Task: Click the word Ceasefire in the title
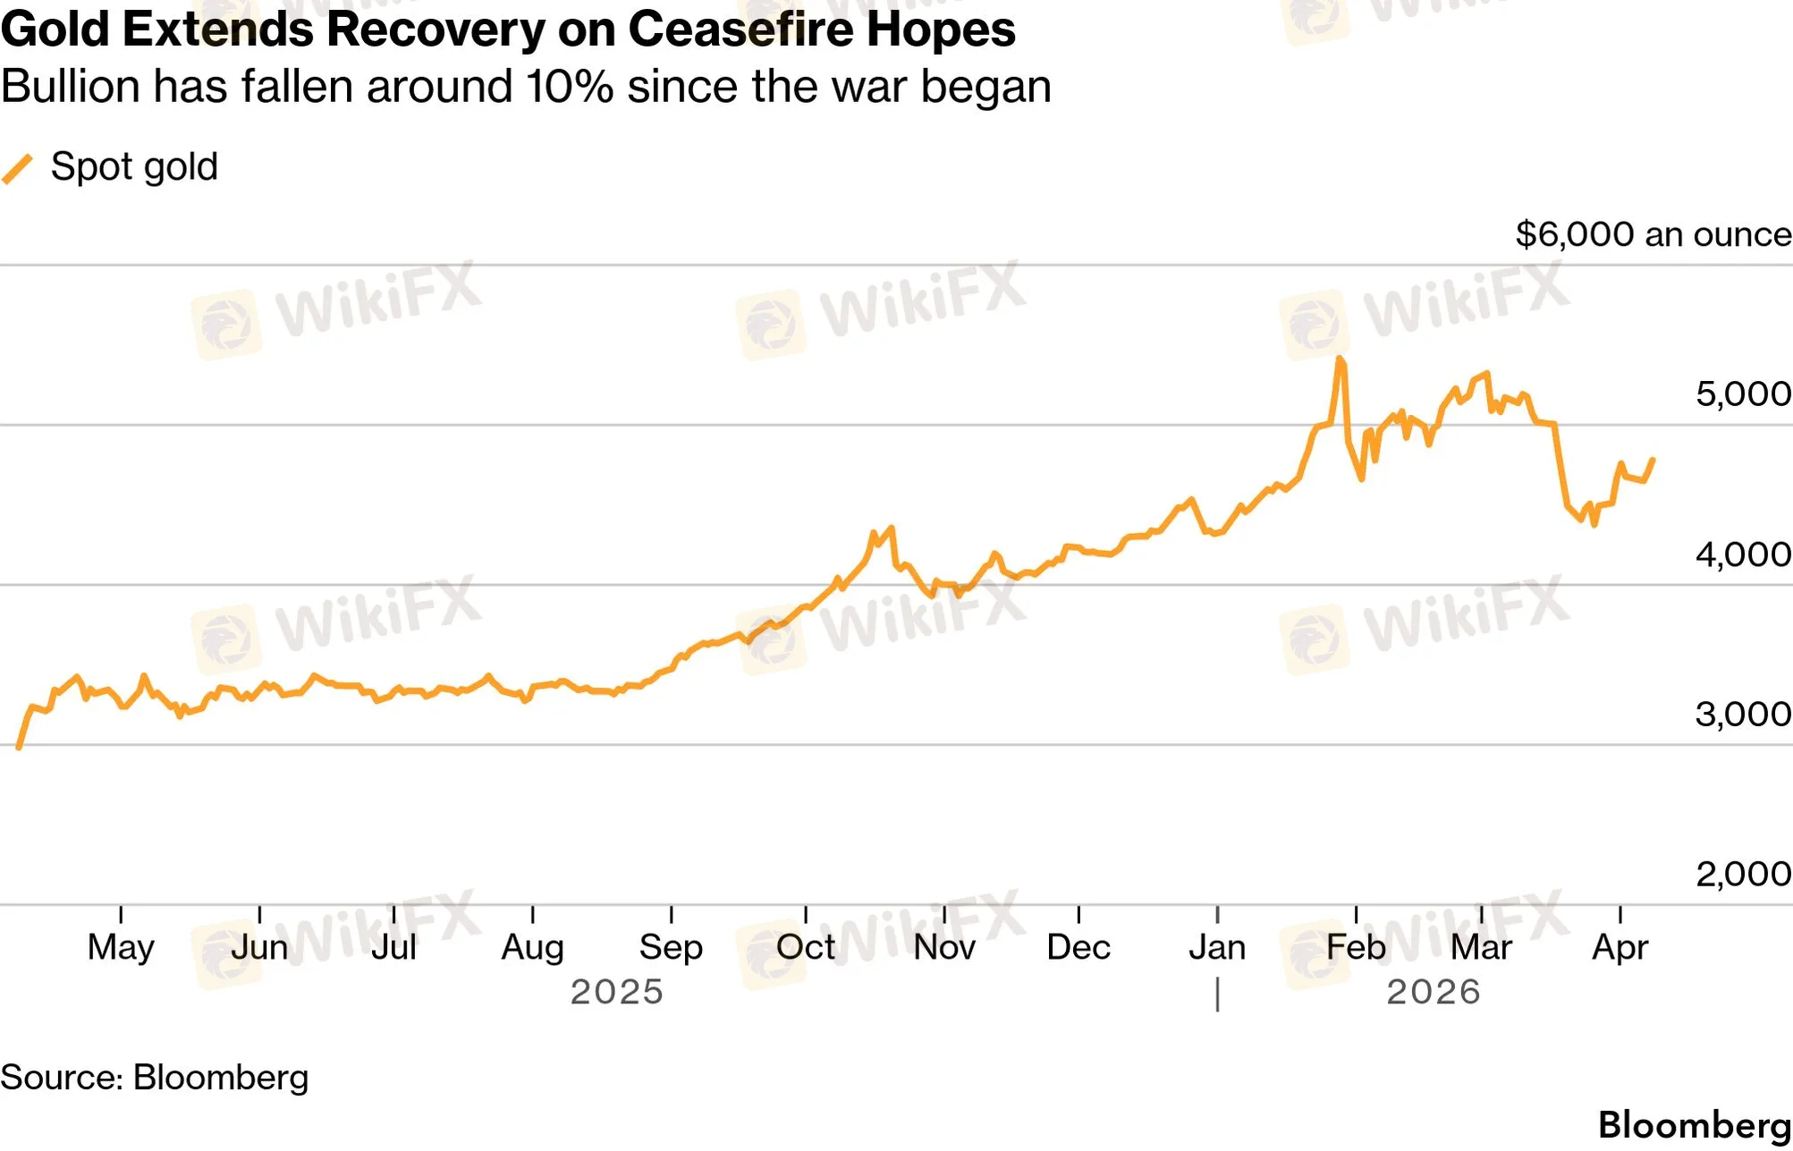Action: pyautogui.click(x=739, y=29)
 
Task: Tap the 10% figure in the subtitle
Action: pyautogui.click(x=570, y=88)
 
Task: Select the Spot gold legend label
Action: pyautogui.click(x=134, y=167)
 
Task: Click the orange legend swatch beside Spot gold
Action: pyautogui.click(x=18, y=168)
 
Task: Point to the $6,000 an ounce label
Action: pyautogui.click(x=1653, y=234)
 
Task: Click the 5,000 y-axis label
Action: pyautogui.click(x=1742, y=394)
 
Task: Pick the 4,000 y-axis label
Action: pyautogui.click(x=1742, y=554)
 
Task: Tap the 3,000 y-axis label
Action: pyautogui.click(x=1742, y=714)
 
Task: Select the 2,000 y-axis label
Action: pyautogui.click(x=1742, y=874)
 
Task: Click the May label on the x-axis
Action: pyautogui.click(x=121, y=947)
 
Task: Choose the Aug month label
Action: pyautogui.click(x=532, y=947)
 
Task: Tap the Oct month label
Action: pyautogui.click(x=805, y=947)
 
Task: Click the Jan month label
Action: pyautogui.click(x=1216, y=947)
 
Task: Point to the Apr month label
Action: pyautogui.click(x=1620, y=947)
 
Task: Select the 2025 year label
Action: pyautogui.click(x=616, y=992)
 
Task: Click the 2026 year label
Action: pyautogui.click(x=1433, y=992)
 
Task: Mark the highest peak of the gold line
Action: pyautogui.click(x=1339, y=360)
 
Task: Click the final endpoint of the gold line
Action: pyautogui.click(x=1653, y=460)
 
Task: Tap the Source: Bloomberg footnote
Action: pyautogui.click(x=154, y=1078)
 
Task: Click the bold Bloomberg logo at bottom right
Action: pyautogui.click(x=1694, y=1125)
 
